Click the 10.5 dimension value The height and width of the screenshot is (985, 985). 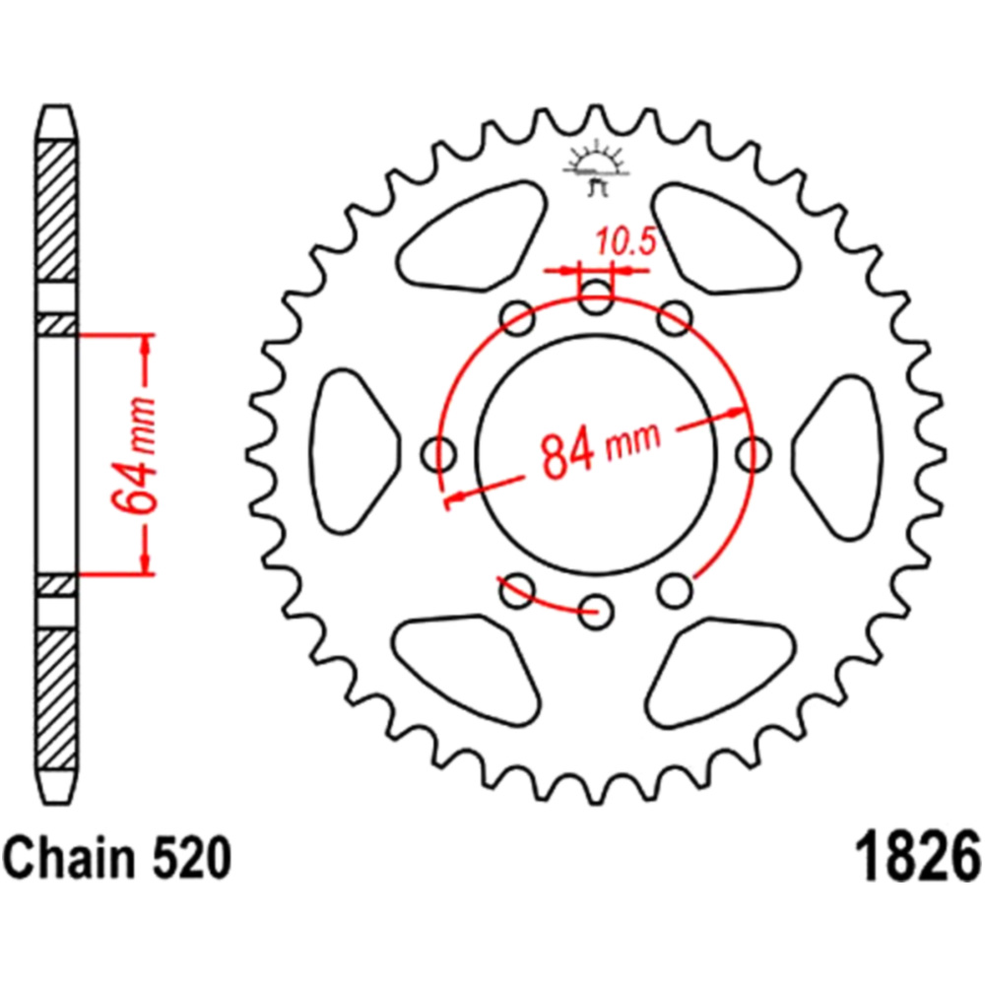coord(625,242)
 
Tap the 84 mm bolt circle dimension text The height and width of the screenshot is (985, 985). coord(601,447)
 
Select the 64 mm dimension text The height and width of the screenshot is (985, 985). coord(133,454)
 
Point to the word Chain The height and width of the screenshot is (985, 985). coord(62,859)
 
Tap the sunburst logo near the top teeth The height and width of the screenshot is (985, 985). coord(595,168)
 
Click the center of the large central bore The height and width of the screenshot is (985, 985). coord(596,453)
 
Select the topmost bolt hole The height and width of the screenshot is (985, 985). coord(596,297)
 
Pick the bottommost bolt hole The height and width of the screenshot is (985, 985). coord(596,610)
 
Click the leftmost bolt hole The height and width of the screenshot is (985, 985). coord(439,453)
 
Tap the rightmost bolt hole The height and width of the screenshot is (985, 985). coord(753,453)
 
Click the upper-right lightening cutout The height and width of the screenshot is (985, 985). coord(726,238)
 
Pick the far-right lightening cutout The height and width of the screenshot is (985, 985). coord(837,456)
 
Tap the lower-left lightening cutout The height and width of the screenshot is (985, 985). coord(467,670)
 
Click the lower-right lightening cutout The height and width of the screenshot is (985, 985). coord(721,672)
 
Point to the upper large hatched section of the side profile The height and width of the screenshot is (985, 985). coord(57,212)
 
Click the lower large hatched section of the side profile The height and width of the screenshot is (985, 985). coord(57,699)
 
